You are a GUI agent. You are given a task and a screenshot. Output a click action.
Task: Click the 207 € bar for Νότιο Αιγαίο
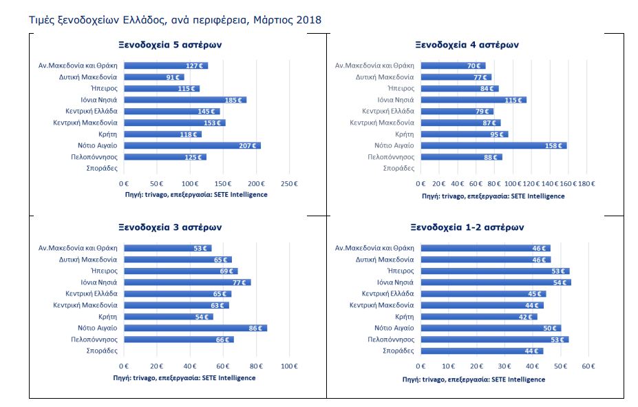click(192, 145)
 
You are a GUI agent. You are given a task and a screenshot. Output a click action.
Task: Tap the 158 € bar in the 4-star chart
click(493, 145)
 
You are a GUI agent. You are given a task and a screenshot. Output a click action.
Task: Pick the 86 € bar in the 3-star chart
click(195, 328)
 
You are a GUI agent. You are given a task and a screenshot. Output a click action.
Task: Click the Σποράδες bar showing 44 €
click(482, 351)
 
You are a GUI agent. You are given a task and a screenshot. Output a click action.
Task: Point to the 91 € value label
click(173, 77)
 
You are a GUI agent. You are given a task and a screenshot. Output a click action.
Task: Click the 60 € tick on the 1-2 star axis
click(588, 366)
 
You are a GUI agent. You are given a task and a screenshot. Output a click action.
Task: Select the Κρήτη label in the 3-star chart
click(107, 316)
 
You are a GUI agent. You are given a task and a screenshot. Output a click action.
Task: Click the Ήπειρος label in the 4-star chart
click(401, 88)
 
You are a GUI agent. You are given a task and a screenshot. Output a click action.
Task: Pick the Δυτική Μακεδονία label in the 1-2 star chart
click(385, 260)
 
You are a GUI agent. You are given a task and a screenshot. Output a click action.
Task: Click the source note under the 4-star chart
click(493, 196)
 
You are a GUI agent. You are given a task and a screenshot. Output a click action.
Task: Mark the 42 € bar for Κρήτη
click(479, 316)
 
